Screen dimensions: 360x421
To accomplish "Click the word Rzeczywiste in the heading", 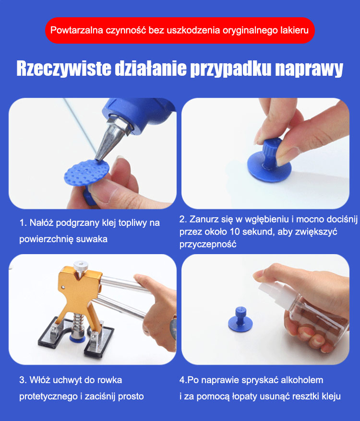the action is [x=64, y=69].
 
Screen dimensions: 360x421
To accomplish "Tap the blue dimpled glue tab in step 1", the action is [x=86, y=172].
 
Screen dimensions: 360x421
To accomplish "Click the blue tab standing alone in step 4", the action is [x=240, y=319].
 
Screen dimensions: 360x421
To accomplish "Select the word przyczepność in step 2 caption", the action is [x=208, y=245].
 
